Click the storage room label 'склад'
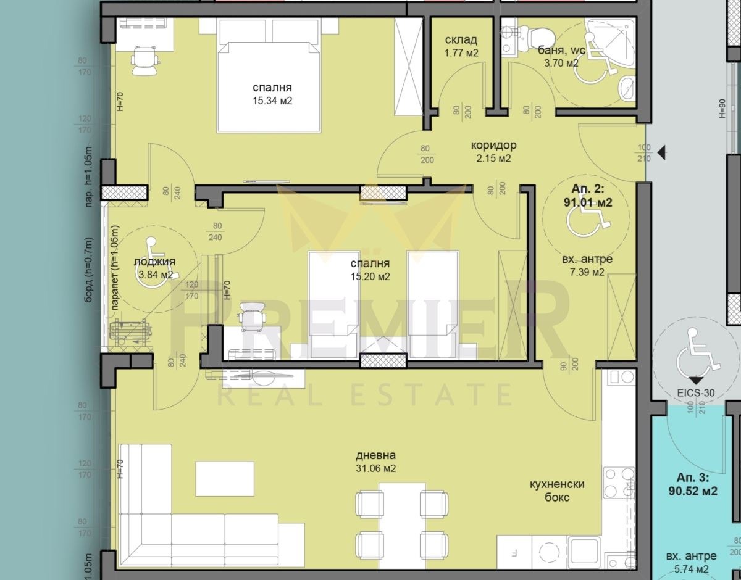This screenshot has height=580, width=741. click(x=461, y=40)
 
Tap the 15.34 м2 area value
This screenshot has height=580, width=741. click(x=272, y=101)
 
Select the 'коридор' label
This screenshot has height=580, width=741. click(x=493, y=146)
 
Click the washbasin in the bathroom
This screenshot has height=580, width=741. click(x=627, y=88)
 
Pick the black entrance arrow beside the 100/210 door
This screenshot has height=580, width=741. click(x=661, y=152)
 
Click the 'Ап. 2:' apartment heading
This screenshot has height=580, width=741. click(x=587, y=189)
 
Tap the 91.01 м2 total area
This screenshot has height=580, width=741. click(x=587, y=202)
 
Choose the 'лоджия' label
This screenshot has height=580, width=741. click(x=154, y=262)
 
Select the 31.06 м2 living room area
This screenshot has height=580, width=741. click(x=376, y=469)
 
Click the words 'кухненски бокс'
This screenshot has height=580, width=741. click(x=557, y=491)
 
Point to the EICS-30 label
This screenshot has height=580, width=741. click(x=696, y=392)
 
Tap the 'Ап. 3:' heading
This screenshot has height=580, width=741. click(x=693, y=478)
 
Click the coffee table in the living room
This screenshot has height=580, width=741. click(x=225, y=479)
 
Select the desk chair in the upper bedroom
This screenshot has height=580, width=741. click(x=145, y=60)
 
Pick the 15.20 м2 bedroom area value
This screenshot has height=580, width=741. click(x=370, y=276)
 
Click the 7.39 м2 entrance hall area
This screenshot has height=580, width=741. click(x=587, y=272)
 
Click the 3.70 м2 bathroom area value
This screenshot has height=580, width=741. click(x=561, y=63)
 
